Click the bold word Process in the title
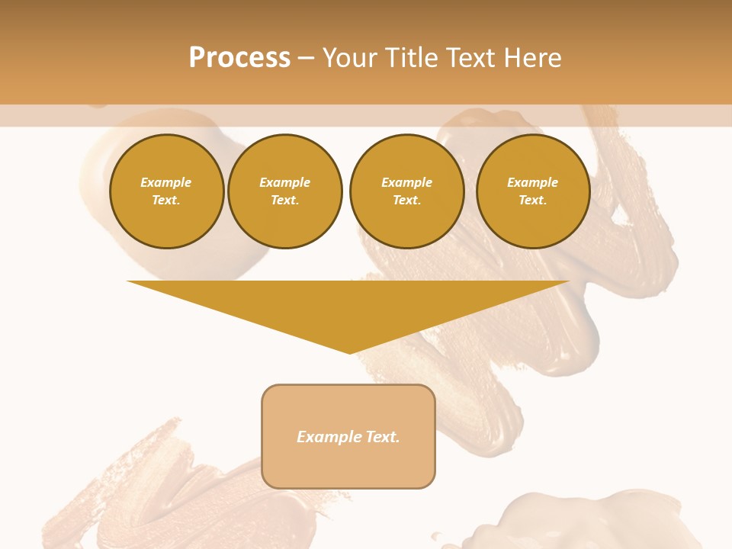[x=239, y=58]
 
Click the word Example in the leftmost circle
[x=166, y=182]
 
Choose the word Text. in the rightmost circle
[x=533, y=200]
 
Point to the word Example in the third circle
[x=406, y=182]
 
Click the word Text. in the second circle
[x=284, y=200]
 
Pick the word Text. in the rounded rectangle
[x=383, y=437]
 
